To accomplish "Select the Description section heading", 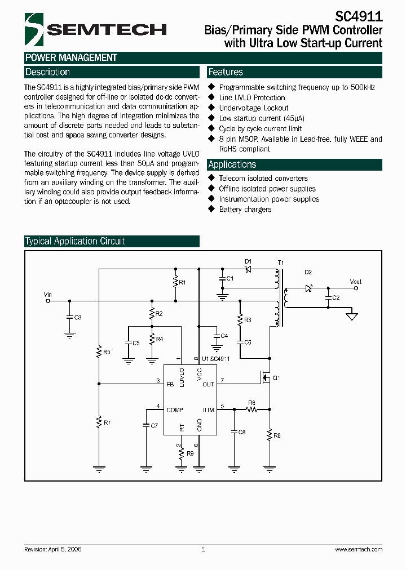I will coord(48,72).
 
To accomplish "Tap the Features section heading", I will coord(226,72).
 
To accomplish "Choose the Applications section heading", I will coord(232,164).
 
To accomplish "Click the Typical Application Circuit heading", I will coord(75,241).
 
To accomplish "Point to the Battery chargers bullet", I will coord(245,210).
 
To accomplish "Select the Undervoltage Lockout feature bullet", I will coord(253,108).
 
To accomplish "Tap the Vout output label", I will coord(355,282).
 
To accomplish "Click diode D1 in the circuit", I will coord(248,269).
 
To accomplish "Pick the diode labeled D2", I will coord(308,288).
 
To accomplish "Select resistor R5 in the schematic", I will coord(99,353).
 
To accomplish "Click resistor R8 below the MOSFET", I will coord(270,434).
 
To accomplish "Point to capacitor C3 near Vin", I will coord(69,318).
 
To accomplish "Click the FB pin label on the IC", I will coord(170,385).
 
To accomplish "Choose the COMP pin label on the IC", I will coord(174,410).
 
